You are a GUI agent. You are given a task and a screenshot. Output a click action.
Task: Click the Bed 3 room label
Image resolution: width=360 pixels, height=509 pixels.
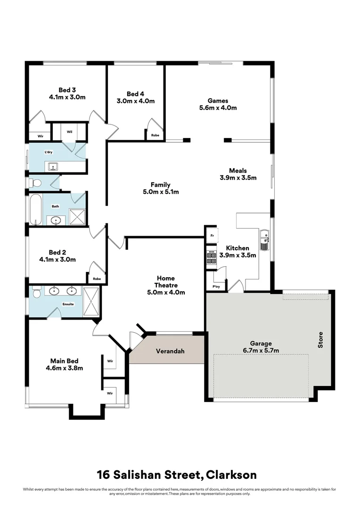click(67, 90)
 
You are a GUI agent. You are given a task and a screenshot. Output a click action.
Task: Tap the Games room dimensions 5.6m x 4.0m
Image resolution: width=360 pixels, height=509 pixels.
click(218, 108)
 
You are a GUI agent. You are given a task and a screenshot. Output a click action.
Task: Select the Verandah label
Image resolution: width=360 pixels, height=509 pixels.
click(170, 351)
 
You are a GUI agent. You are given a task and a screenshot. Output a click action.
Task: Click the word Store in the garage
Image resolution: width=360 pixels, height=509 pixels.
click(320, 340)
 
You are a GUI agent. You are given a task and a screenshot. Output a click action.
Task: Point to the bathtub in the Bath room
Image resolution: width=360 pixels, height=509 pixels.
click(36, 209)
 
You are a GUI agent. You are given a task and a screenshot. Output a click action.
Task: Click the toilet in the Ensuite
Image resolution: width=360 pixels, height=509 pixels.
click(36, 292)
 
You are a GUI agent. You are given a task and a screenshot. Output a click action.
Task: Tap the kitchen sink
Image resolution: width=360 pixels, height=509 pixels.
click(265, 239)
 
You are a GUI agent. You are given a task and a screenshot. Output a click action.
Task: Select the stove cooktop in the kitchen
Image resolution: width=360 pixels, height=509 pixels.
click(211, 257)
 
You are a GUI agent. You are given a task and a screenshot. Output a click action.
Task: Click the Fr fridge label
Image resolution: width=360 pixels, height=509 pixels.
click(213, 236)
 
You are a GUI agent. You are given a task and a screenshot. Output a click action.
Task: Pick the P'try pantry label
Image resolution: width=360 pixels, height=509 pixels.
click(216, 287)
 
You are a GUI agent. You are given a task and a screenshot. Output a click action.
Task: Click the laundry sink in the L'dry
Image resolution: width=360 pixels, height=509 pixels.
click(53, 167)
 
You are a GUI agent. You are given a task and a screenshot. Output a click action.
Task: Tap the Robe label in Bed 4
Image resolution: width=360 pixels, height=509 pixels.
click(155, 135)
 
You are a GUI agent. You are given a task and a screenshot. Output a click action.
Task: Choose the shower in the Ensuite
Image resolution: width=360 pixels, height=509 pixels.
click(91, 301)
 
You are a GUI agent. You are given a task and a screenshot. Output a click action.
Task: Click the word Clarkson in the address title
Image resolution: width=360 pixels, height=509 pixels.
click(231, 475)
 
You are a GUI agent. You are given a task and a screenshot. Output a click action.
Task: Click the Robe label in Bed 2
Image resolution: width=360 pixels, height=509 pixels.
click(97, 279)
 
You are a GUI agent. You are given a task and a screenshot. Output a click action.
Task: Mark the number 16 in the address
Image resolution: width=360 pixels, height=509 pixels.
click(103, 475)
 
